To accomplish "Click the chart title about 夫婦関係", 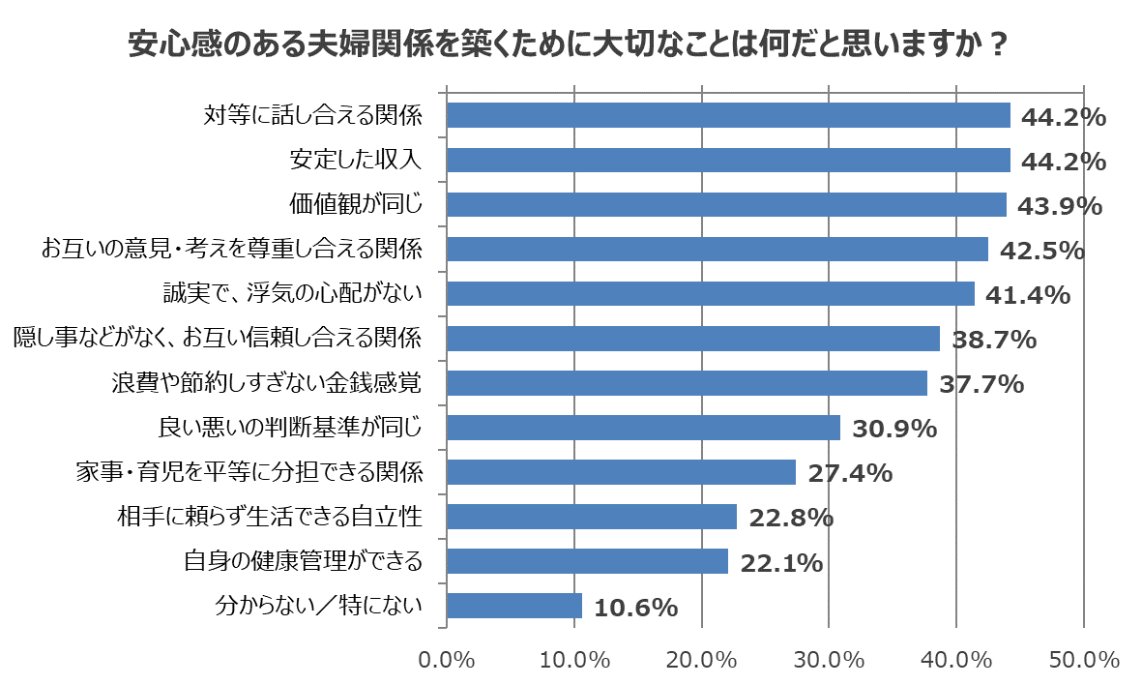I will tap(571, 45).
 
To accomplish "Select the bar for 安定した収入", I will tap(728, 160).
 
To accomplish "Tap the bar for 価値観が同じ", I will tap(726, 204).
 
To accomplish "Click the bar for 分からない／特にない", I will tap(514, 606).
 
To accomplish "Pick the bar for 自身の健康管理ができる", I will tap(587, 561).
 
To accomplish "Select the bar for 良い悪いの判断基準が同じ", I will tap(643, 428).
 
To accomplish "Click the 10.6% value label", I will tap(635, 608).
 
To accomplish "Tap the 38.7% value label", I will tap(994, 340).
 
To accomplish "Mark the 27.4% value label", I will tap(850, 473).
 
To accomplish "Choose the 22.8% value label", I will tap(791, 518).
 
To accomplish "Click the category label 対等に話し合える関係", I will tap(313, 115).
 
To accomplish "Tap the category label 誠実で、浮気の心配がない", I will tap(292, 293).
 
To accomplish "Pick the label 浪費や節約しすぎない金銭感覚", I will tap(267, 383).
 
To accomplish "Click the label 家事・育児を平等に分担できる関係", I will tap(249, 472).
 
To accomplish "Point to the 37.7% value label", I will tap(981, 384).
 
